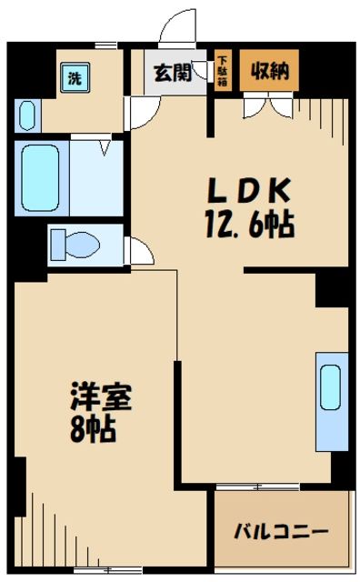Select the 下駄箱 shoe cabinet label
pos(222,73)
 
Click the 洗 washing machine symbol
pos(72,78)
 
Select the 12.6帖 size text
pos(248,224)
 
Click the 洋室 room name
pos(101,397)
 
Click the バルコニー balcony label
pos(281,531)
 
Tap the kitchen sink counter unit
pos(330,400)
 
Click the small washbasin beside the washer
pos(26,115)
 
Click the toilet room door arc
pos(139,250)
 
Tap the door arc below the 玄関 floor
pos(138,113)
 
